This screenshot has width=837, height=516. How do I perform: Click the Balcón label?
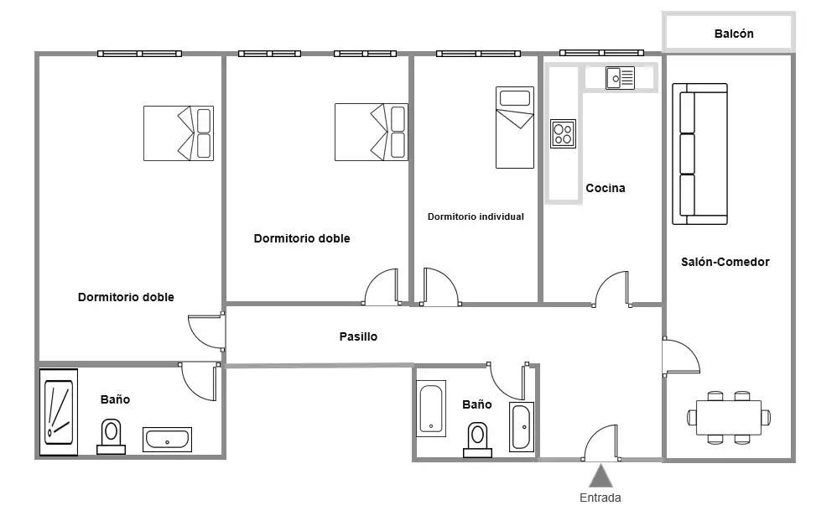734,34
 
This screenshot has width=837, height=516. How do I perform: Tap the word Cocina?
606,188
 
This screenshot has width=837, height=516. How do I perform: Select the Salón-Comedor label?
725,262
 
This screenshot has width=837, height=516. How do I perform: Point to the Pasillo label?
358,336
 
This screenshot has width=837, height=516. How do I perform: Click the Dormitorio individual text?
476,216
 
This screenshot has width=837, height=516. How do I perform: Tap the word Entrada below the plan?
600,498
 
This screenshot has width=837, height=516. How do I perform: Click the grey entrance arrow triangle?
600,476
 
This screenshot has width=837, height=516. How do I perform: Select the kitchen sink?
621,78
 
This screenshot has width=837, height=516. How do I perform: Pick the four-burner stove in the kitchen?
563,133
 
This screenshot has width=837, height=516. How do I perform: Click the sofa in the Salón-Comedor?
699,154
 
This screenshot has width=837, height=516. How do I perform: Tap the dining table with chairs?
729,418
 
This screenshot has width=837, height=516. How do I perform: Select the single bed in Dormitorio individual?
515,128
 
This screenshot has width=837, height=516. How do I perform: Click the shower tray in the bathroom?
59,412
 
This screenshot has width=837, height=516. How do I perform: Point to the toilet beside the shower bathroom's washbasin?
111,436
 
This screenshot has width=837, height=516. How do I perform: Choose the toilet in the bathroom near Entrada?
477,440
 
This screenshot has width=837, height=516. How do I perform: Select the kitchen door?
611,289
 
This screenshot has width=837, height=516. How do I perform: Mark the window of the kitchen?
601,53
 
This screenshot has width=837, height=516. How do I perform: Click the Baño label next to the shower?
115,399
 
